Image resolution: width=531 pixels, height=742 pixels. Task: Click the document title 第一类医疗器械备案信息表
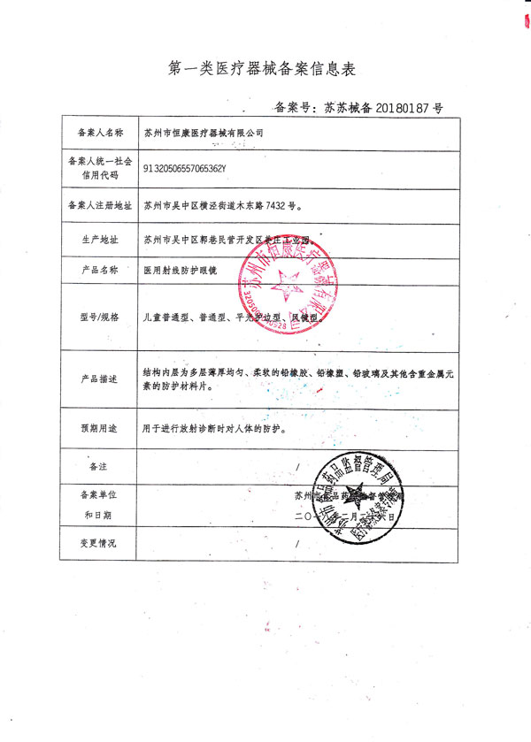(265, 68)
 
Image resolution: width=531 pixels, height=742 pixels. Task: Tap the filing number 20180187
(396, 108)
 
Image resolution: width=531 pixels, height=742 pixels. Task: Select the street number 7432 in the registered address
(277, 205)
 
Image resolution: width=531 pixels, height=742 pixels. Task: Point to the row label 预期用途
(97, 428)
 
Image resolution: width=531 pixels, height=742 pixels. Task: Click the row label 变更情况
(97, 542)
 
